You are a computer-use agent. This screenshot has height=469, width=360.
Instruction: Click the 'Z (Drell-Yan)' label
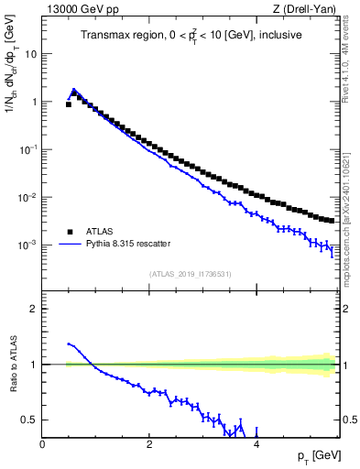pyautogui.click(x=308, y=9)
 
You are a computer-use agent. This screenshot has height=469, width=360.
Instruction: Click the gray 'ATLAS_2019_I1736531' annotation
pyautogui.click(x=190, y=274)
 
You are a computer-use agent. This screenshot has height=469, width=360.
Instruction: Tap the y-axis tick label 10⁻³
pyautogui.click(x=27, y=245)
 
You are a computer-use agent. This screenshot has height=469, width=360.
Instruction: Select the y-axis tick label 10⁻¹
pyautogui.click(x=27, y=149)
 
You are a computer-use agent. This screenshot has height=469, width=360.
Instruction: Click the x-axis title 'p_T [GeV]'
pyautogui.click(x=315, y=456)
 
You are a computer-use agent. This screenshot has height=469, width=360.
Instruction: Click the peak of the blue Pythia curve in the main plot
pyautogui.click(x=74, y=90)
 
